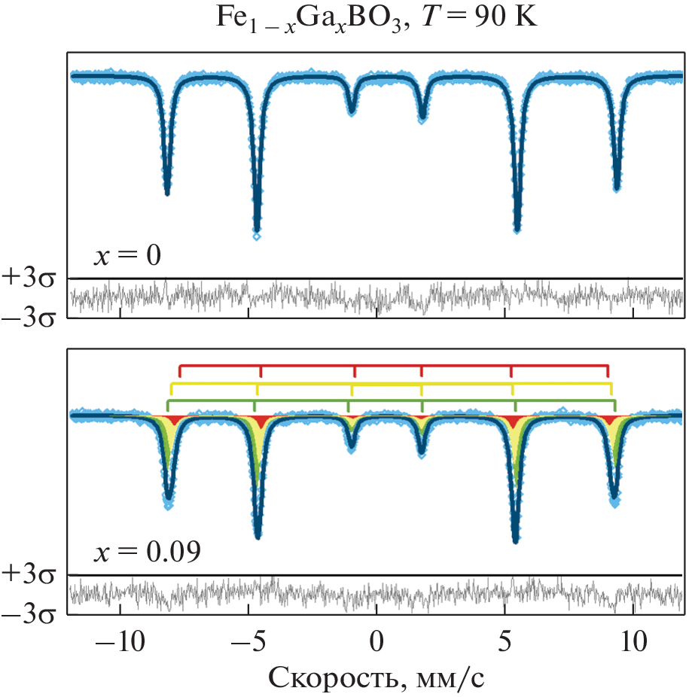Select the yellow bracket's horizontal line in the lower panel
392,384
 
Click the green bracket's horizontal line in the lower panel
392,400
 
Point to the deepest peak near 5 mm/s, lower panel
516,539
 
